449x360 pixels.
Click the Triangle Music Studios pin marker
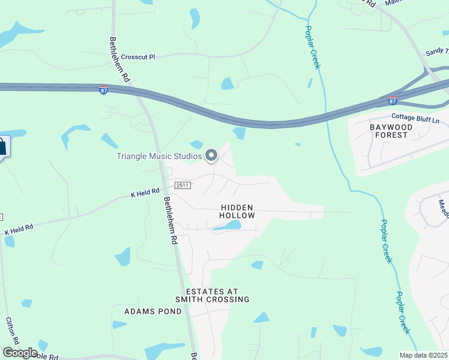tap(211, 156)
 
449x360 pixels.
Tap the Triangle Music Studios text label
tap(159, 157)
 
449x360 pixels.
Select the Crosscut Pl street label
tap(138, 57)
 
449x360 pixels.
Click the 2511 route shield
tap(183, 185)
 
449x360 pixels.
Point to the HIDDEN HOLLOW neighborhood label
tap(237, 211)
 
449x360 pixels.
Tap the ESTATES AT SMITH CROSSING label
tap(212, 295)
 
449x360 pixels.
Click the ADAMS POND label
tap(152, 311)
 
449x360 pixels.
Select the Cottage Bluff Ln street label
tap(415, 118)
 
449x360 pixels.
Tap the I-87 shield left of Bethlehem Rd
tap(104, 89)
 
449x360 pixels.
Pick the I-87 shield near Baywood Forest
tap(393, 100)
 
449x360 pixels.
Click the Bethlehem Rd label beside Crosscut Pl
tap(119, 60)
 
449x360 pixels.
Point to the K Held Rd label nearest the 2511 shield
tap(145, 193)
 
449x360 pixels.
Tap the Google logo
tap(20, 353)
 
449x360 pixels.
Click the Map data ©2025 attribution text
tap(424, 355)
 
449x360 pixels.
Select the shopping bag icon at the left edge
tap(2, 146)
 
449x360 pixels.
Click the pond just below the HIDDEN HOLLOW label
tap(227, 226)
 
